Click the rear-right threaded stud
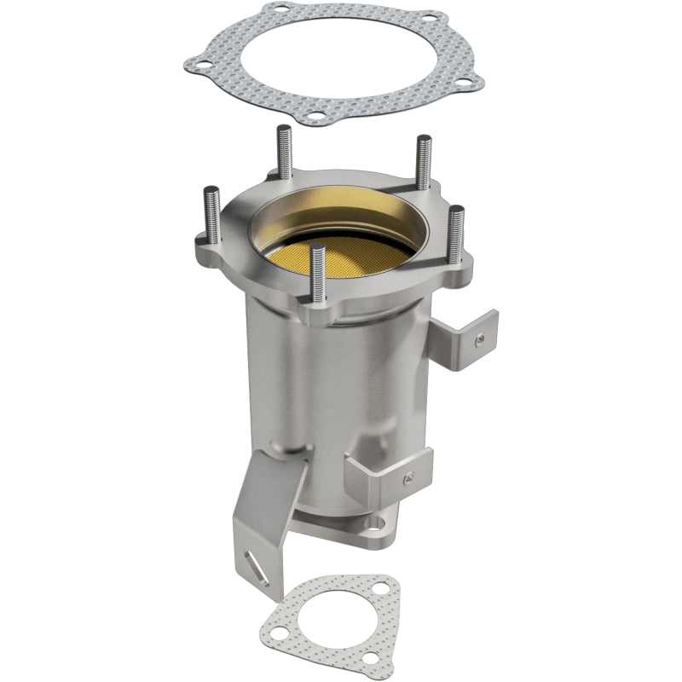pos(423,162)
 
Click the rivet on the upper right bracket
pos(479,339)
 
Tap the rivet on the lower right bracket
pos(409,477)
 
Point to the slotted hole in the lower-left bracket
pos(253,564)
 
